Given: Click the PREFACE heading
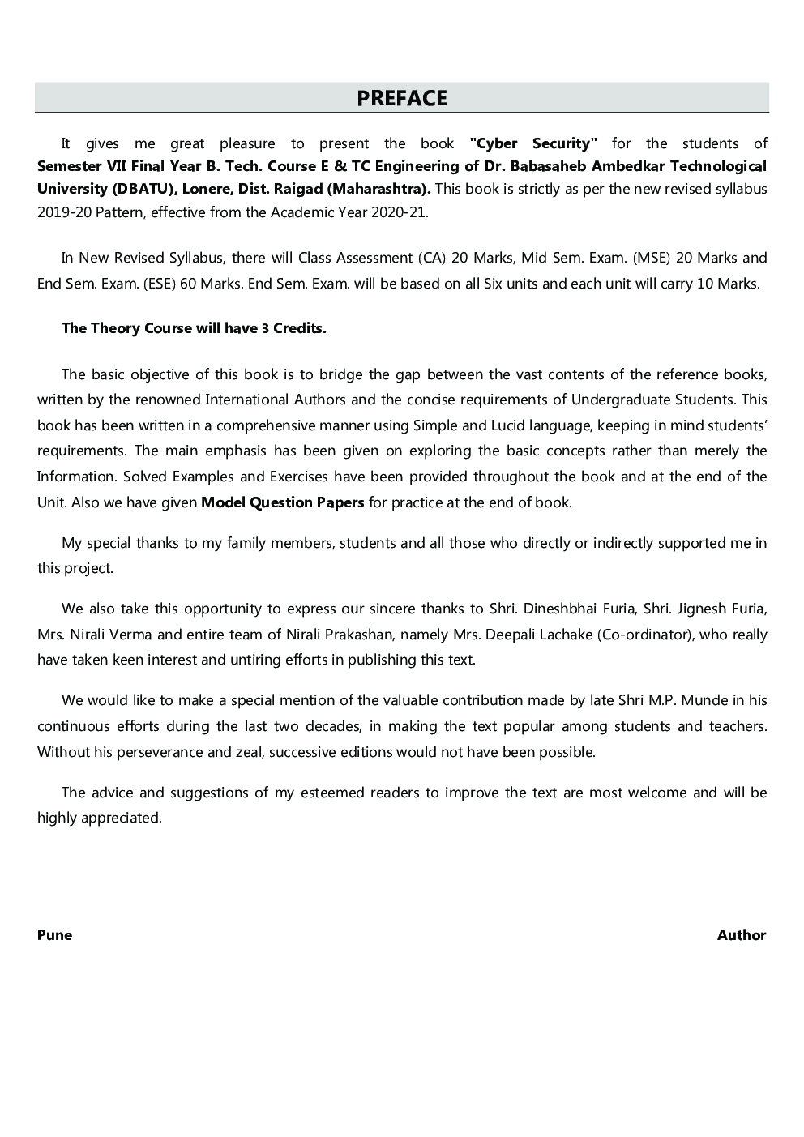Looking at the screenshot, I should [402, 98].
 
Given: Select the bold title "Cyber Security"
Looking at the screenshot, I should [533, 143].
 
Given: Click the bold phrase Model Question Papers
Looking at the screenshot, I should [282, 502].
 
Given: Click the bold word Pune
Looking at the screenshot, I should [54, 935].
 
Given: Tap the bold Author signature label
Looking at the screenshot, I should [741, 935].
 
